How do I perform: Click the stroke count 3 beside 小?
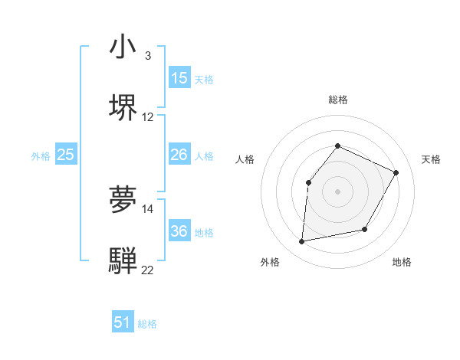(147, 56)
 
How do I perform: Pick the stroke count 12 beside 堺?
(148, 117)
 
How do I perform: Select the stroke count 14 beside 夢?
(148, 208)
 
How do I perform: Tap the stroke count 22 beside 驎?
(148, 270)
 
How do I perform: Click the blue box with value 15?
(179, 78)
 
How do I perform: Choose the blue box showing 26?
(179, 155)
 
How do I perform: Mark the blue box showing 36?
(179, 231)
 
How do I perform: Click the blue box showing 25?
(65, 155)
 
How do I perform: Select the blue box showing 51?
(123, 322)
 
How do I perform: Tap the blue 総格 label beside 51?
(147, 324)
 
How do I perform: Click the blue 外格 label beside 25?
(41, 156)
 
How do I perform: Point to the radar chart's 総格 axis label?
(337, 100)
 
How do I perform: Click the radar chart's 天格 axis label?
(431, 159)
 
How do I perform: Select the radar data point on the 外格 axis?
(302, 242)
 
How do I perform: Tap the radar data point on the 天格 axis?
(396, 172)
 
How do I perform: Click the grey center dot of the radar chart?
(337, 191)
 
